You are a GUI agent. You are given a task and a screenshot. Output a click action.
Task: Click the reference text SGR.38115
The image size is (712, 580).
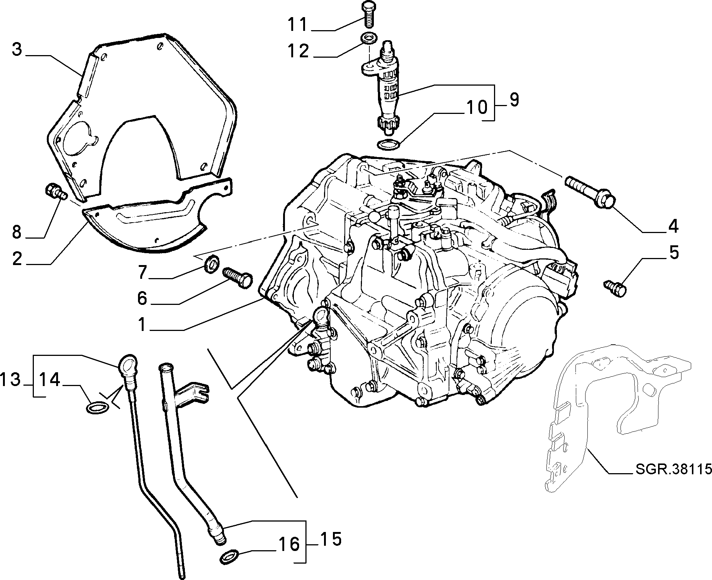(x=672, y=469)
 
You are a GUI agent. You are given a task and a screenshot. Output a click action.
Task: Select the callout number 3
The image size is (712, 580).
(x=17, y=50)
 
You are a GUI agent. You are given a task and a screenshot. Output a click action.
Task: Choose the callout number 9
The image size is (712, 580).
(x=514, y=99)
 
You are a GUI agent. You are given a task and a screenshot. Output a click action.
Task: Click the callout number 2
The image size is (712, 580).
(x=17, y=258)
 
